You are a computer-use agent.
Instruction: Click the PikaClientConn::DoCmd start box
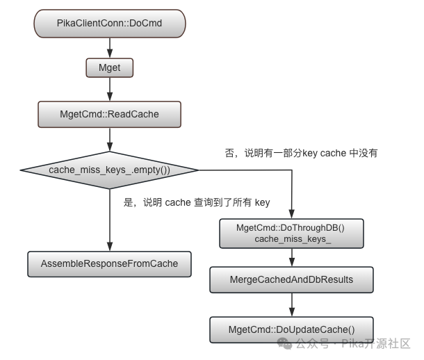tap(110, 24)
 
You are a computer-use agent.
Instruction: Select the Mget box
tap(110, 67)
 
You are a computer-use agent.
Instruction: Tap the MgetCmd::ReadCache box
tap(110, 114)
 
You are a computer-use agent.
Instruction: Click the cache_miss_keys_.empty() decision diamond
tap(110, 170)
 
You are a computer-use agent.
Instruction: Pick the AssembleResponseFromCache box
tap(110, 264)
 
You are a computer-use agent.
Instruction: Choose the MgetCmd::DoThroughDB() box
tap(291, 234)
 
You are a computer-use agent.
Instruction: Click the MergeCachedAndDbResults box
tap(291, 279)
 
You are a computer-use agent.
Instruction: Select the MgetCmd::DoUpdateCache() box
tap(291, 329)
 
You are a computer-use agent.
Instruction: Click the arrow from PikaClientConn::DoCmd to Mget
tap(110, 48)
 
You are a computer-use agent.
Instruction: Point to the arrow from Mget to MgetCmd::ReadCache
tap(110, 89)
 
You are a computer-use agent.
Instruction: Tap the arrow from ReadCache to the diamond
tap(110, 140)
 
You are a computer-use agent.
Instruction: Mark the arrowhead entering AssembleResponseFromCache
tap(110, 247)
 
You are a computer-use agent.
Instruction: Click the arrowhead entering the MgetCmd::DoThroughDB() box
tap(292, 214)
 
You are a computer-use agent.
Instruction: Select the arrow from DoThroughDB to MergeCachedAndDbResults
tap(292, 257)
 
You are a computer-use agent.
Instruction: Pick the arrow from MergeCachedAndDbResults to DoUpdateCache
tap(292, 305)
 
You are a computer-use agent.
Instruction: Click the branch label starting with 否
tap(301, 153)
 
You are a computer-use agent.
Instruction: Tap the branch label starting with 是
tap(197, 202)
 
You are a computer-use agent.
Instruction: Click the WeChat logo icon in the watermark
tap(284, 343)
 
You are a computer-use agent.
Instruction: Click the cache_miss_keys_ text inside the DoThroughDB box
tap(293, 239)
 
